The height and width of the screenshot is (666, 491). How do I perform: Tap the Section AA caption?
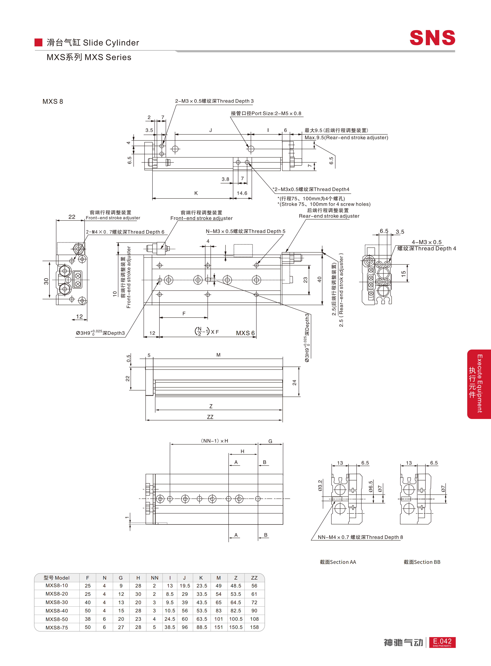(x=338, y=562)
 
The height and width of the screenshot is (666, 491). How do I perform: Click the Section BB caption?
(x=422, y=562)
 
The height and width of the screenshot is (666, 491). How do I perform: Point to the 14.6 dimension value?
(x=242, y=193)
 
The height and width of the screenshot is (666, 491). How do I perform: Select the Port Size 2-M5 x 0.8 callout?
(x=266, y=113)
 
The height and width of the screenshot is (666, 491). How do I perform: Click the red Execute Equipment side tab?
(x=479, y=384)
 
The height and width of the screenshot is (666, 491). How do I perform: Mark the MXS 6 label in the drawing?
(x=245, y=333)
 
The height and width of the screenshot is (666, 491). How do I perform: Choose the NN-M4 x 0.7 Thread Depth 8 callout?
(x=360, y=537)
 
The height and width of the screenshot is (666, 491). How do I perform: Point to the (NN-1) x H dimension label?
(x=214, y=441)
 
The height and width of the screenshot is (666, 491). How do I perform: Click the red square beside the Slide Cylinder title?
(x=38, y=42)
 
